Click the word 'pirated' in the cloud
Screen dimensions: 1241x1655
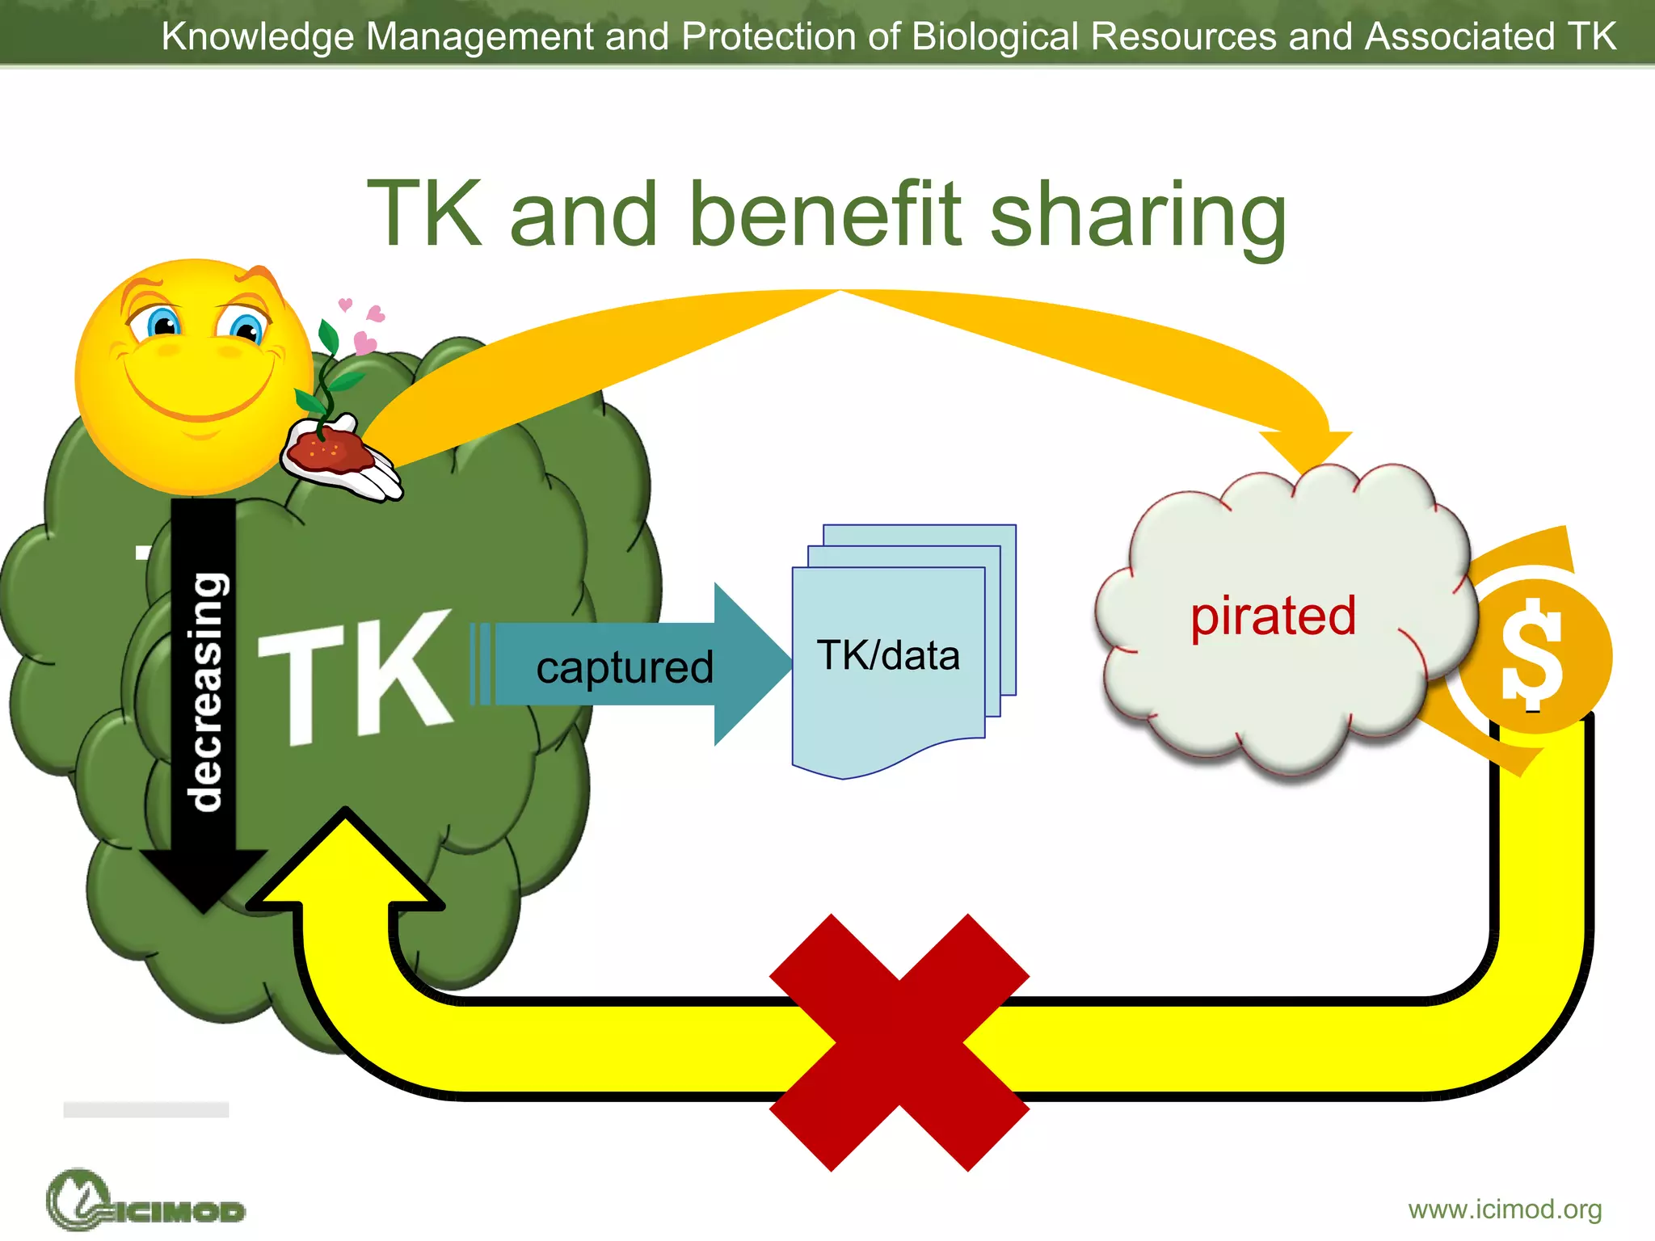pyautogui.click(x=1273, y=616)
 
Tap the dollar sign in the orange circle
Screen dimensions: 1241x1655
pyautogui.click(x=1531, y=653)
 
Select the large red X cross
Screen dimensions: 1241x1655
pyautogui.click(x=899, y=1042)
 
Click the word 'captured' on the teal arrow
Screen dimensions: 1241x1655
pyautogui.click(x=624, y=667)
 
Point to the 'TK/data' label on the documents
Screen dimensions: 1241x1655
pyautogui.click(x=888, y=655)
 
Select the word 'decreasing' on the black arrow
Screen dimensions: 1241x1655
pyautogui.click(x=204, y=691)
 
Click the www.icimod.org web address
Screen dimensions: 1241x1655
pyautogui.click(x=1505, y=1209)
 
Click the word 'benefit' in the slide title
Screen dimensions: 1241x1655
pyautogui.click(x=824, y=214)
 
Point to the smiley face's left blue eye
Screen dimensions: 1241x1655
pyautogui.click(x=164, y=325)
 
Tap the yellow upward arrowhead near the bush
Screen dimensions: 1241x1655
pyautogui.click(x=346, y=860)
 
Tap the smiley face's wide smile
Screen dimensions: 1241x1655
pyautogui.click(x=198, y=396)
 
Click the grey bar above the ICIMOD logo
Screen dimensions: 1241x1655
pyautogui.click(x=145, y=1109)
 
